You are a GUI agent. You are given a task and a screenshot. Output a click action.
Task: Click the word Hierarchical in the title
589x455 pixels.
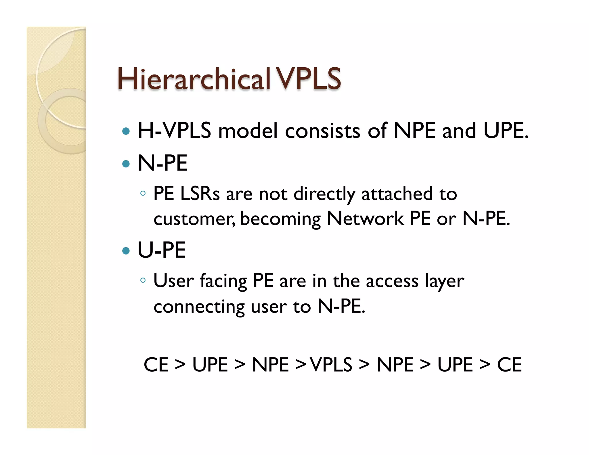[194, 79]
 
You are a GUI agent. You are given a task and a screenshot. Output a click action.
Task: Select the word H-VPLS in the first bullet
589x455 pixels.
[174, 131]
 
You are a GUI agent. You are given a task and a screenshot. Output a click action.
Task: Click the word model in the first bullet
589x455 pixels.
[248, 131]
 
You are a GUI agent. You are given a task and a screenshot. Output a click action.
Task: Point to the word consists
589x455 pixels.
[322, 131]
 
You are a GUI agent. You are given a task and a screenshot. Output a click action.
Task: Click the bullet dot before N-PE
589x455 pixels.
[126, 164]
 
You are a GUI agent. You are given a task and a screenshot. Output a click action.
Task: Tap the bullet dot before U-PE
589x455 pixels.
[126, 251]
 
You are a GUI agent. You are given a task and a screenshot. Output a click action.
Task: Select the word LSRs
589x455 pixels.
[200, 194]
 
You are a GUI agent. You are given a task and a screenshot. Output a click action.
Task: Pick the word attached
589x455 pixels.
[397, 194]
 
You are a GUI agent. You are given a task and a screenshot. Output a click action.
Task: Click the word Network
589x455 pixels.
[365, 219]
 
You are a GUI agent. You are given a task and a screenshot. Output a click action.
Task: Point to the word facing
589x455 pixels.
[223, 281]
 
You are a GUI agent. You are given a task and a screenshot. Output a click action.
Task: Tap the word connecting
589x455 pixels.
[199, 307]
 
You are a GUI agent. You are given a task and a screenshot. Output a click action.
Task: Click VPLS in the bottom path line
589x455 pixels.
[331, 365]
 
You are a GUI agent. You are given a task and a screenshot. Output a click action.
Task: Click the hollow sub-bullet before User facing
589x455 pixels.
[143, 280]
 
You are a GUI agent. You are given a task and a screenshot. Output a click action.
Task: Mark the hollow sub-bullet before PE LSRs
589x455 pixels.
[143, 193]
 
